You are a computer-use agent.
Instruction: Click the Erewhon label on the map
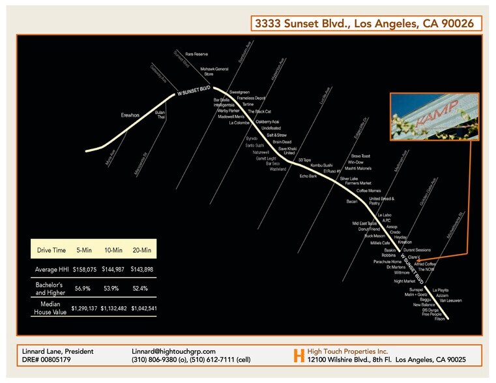click(130, 115)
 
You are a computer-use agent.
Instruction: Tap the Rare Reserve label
click(196, 54)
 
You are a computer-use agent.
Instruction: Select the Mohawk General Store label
click(214, 71)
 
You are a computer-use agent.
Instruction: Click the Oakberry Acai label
click(267, 122)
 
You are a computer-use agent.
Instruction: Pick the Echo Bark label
click(308, 176)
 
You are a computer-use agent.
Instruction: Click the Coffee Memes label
click(369, 191)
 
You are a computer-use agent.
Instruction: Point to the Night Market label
click(404, 281)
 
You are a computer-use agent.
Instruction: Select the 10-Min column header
click(114, 249)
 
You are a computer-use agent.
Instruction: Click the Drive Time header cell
click(51, 249)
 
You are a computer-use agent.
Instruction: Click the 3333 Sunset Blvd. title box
click(367, 24)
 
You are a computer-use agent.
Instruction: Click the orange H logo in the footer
click(299, 356)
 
